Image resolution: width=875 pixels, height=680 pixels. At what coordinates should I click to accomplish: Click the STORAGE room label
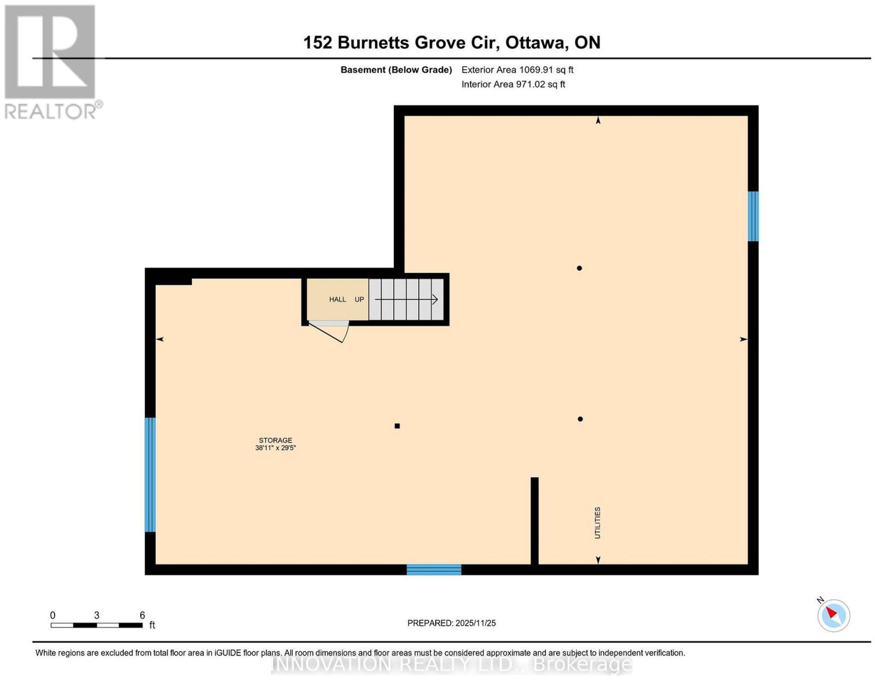click(x=276, y=440)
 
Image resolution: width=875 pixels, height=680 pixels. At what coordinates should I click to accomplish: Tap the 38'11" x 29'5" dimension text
click(x=276, y=447)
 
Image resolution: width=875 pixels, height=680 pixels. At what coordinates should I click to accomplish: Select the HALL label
click(x=337, y=299)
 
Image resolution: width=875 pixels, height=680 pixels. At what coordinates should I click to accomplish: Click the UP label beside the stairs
click(x=359, y=299)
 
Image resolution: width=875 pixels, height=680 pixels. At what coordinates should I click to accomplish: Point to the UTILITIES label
click(x=598, y=522)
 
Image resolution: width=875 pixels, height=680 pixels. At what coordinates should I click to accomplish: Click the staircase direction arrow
click(x=406, y=299)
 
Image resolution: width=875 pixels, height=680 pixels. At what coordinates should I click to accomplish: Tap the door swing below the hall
click(x=328, y=332)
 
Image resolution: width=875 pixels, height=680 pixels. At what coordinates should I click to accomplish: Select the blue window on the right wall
click(x=753, y=216)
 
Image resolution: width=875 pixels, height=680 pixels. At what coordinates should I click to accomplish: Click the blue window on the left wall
click(x=150, y=475)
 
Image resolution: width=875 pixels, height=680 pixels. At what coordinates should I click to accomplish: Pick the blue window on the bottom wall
click(x=434, y=569)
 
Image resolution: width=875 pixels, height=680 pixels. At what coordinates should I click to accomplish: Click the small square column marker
click(x=397, y=426)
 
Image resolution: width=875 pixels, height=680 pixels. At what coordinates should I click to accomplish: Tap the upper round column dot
click(x=579, y=268)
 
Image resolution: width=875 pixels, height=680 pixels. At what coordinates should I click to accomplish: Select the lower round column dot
click(x=580, y=419)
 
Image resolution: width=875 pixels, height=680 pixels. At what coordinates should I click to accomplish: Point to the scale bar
click(x=97, y=625)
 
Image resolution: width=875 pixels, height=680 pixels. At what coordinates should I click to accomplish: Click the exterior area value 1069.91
click(x=536, y=69)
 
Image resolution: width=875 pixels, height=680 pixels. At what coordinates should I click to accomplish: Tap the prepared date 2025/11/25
click(x=475, y=623)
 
